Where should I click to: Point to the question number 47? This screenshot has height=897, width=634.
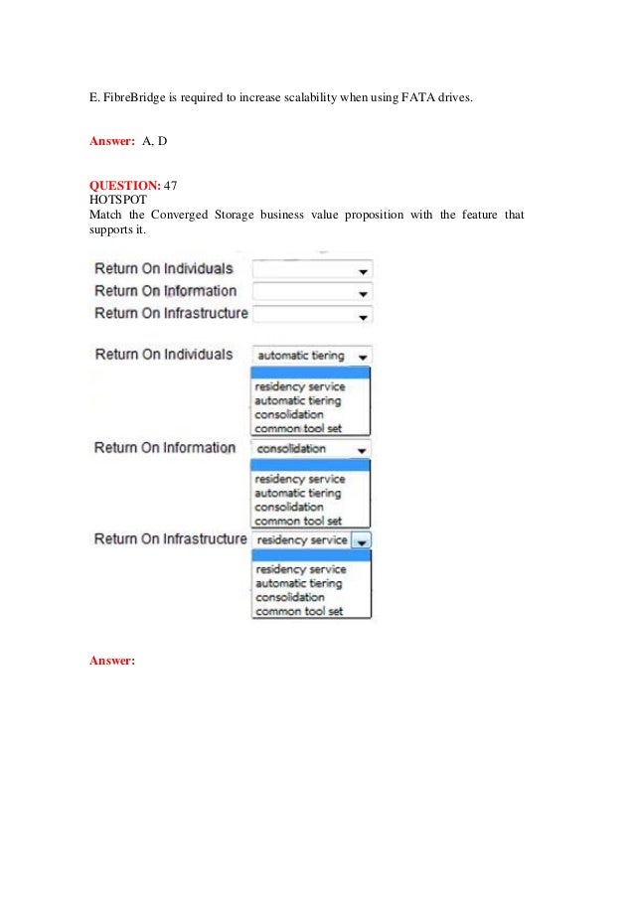(170, 185)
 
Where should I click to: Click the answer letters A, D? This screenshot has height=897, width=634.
(154, 141)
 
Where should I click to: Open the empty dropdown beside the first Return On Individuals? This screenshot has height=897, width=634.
(312, 269)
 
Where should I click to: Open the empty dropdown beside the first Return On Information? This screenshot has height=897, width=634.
(312, 292)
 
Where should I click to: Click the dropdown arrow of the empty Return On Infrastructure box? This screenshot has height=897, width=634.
(364, 316)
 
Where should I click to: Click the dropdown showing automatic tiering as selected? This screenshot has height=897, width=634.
(312, 356)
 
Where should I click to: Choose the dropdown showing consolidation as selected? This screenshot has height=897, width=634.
(312, 448)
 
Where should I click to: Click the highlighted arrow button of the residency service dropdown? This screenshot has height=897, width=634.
(362, 540)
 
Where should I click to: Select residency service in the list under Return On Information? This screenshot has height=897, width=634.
(299, 479)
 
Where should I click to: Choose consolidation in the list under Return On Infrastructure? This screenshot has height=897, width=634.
(289, 597)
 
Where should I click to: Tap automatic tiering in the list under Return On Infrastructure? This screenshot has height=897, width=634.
(297, 583)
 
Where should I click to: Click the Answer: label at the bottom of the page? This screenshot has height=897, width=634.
(111, 660)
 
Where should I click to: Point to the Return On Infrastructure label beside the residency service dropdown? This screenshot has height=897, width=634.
(170, 539)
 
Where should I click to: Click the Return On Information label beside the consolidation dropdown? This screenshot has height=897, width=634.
(165, 448)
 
